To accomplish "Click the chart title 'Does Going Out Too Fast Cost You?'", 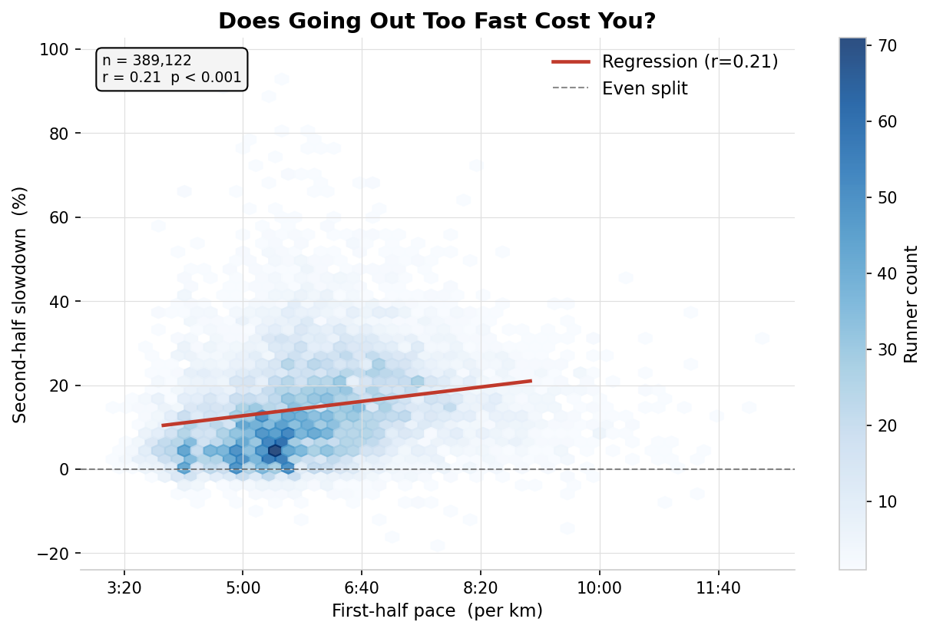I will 437,22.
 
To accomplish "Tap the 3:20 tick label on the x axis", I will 124,588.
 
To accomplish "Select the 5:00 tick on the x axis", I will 243,588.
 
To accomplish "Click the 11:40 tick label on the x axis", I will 718,588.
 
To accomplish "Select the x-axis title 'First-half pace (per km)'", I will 437,611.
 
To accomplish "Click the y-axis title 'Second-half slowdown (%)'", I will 20,304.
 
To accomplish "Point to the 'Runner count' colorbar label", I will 911,304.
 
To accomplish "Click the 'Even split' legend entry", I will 644,89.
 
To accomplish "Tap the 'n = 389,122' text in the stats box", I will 147,61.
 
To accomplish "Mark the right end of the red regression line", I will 531,381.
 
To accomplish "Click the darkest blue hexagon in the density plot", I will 275,451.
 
